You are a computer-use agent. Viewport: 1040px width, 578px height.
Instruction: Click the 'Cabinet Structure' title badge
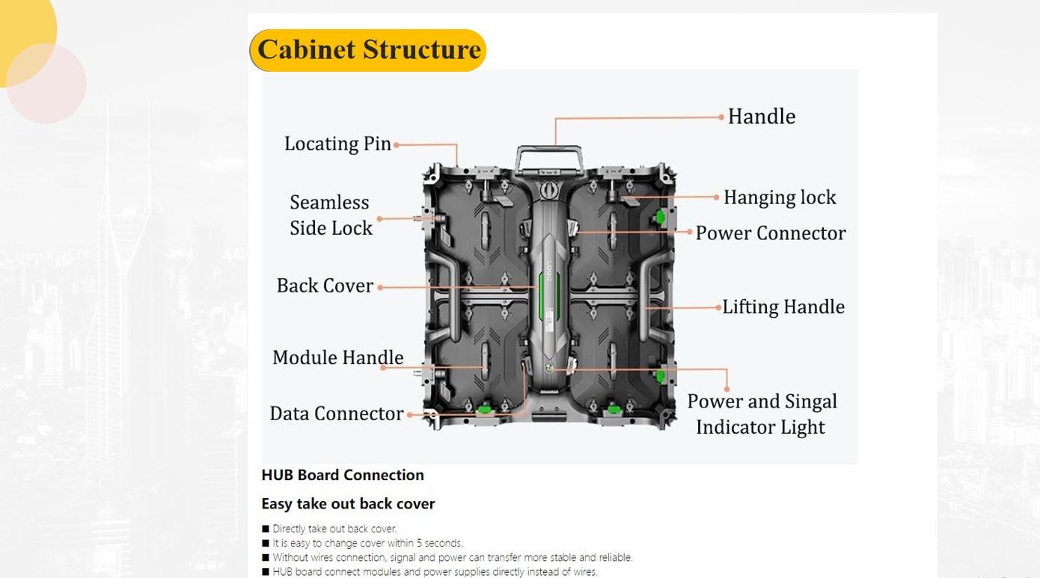368,50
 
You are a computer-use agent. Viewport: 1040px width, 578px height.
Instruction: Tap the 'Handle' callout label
761,117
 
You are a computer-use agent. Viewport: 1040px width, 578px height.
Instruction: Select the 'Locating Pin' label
337,144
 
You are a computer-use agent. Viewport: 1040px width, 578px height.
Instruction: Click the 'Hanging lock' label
779,197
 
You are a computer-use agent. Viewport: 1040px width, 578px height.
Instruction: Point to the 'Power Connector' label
771,233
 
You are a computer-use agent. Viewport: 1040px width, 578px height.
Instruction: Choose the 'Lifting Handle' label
783,307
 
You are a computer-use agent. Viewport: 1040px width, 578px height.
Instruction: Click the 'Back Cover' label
325,286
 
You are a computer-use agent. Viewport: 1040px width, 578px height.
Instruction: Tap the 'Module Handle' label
337,357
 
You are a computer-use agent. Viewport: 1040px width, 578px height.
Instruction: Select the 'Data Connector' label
336,413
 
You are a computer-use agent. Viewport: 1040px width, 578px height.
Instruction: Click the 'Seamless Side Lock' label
331,215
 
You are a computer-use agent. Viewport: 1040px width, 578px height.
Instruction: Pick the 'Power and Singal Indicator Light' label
762,414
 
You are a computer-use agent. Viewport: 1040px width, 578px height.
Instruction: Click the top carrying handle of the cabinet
549,153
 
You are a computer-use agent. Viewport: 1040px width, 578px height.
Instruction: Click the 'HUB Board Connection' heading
343,475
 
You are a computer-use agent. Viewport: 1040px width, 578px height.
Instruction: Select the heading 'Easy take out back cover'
348,504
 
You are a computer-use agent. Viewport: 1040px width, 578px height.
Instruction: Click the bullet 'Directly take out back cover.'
334,529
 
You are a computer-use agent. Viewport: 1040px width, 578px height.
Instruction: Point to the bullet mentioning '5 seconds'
367,543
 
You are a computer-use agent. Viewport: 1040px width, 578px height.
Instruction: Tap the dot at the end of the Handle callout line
721,117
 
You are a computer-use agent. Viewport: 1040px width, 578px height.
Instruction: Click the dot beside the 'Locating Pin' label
397,144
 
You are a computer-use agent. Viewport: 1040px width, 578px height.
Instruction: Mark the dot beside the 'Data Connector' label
409,414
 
